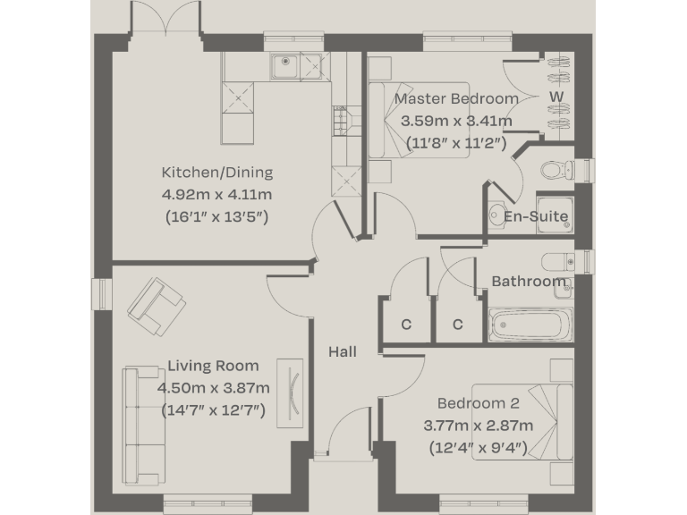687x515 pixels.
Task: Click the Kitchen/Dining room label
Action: click(x=216, y=173)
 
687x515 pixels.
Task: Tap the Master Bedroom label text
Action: click(x=456, y=98)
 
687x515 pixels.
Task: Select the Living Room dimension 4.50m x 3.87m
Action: click(x=213, y=388)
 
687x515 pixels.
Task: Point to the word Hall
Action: click(x=343, y=351)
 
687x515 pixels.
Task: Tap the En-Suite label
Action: click(x=536, y=216)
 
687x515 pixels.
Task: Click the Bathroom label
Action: click(x=529, y=281)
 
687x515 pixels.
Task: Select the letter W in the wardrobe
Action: click(x=556, y=96)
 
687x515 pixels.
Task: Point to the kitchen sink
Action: click(x=284, y=63)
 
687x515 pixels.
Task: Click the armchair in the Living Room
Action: click(x=157, y=302)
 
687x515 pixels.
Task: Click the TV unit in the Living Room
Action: click(x=293, y=392)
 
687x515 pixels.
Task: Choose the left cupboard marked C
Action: click(x=405, y=324)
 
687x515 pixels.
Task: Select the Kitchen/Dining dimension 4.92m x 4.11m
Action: click(x=216, y=194)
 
